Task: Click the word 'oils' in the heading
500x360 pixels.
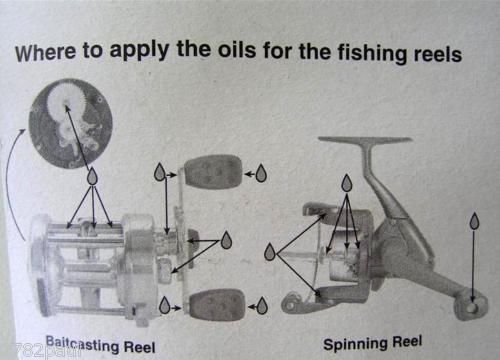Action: (237, 50)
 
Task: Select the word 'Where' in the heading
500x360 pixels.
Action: (45, 53)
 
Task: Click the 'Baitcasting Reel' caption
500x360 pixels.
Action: (100, 345)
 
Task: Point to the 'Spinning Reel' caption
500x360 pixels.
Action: (373, 343)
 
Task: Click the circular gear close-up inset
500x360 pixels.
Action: (71, 123)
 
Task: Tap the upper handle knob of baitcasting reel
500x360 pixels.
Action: (213, 172)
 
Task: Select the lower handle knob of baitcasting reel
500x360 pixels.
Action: (217, 305)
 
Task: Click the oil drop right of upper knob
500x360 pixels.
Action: (261, 173)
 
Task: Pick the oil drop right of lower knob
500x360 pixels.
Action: (262, 305)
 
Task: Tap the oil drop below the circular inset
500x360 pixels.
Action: (92, 176)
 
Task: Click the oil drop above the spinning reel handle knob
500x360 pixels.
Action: (474, 221)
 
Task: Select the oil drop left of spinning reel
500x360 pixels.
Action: (270, 252)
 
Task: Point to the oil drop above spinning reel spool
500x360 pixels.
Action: (347, 183)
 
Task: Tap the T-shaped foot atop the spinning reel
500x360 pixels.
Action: (365, 141)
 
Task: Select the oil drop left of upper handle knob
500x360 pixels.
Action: (160, 172)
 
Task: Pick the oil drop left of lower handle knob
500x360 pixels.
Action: (164, 305)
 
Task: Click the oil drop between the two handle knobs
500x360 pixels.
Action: (226, 240)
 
